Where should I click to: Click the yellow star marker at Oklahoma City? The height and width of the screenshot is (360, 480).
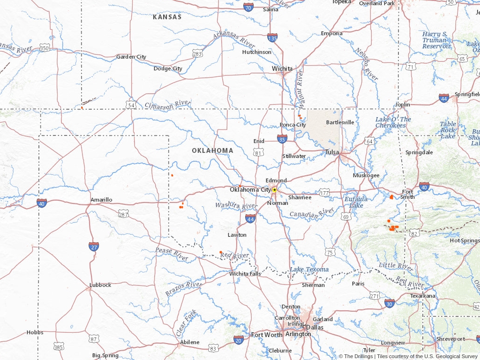pyautogui.click(x=274, y=190)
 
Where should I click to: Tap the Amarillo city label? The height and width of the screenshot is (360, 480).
pyautogui.click(x=101, y=200)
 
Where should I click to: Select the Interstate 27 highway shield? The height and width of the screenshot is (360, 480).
pyautogui.click(x=94, y=247)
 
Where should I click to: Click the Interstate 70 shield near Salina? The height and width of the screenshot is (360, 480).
pyautogui.click(x=249, y=7)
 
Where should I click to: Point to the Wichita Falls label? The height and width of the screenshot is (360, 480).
pyautogui.click(x=245, y=274)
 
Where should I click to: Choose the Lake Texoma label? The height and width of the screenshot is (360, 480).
pyautogui.click(x=309, y=270)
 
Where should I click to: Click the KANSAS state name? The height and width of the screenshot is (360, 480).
pyautogui.click(x=167, y=17)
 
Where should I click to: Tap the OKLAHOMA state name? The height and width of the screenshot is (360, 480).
pyautogui.click(x=212, y=150)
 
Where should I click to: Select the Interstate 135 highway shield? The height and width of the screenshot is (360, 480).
pyautogui.click(x=272, y=37)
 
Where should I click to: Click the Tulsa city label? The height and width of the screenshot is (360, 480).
pyautogui.click(x=332, y=152)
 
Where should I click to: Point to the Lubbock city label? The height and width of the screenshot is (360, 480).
pyautogui.click(x=100, y=285)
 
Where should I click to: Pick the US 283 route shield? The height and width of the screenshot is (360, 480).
pyautogui.click(x=197, y=54)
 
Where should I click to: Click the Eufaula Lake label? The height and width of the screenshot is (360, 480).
pyautogui.click(x=356, y=202)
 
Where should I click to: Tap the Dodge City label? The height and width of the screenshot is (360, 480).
pyautogui.click(x=168, y=68)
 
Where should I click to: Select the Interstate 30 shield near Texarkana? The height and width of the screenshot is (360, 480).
pyautogui.click(x=390, y=303)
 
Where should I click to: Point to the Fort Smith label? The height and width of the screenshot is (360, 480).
pyautogui.click(x=408, y=194)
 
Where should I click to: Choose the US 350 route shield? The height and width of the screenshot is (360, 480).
pyautogui.click(x=45, y=48)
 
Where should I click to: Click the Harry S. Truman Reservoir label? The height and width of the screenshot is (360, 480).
pyautogui.click(x=435, y=40)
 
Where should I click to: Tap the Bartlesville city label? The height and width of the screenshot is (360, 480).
pyautogui.click(x=340, y=122)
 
